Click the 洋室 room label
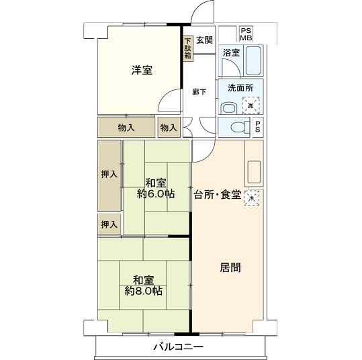pos(142,71)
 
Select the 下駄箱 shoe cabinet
pos(187,48)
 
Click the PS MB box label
pos(246,34)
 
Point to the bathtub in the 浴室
pos(253,60)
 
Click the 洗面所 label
pos(240,88)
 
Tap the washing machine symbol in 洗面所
pos(251,105)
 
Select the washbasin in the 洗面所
pos(228,109)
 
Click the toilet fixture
pos(240,127)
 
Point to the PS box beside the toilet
pos(258,127)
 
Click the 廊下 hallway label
pos(199,92)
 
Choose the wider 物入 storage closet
pos(126,127)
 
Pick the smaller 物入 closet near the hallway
pos(169,127)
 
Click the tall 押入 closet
pos(109,175)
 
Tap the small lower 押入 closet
pos(109,224)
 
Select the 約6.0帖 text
pos(156,194)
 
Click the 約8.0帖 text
pos(143,291)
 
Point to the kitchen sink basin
pos(254,171)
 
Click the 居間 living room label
pos(230,268)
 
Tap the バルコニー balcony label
pos(179,347)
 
